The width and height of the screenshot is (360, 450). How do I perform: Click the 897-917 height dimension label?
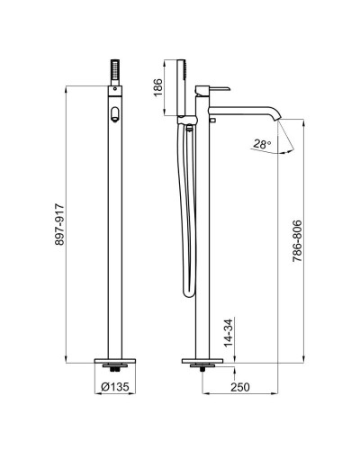[59, 225]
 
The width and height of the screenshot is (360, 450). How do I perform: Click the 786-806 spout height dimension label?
[297, 241]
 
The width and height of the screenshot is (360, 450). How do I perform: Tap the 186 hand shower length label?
[157, 87]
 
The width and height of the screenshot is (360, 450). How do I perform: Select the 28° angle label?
[262, 144]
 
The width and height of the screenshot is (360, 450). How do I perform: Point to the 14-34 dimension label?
[229, 332]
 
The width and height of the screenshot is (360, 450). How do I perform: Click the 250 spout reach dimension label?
[240, 387]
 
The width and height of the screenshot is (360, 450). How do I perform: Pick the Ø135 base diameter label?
[115, 387]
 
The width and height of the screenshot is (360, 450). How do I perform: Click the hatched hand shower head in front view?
[115, 69]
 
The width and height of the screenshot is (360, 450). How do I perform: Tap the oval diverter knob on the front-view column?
[115, 114]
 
